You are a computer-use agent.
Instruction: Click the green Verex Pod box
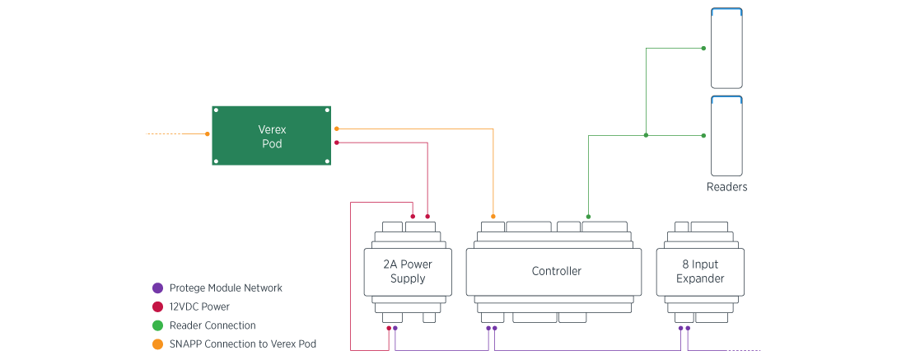tap(271, 136)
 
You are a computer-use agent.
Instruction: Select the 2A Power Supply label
tap(408, 272)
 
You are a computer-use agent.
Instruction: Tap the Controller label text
tap(556, 271)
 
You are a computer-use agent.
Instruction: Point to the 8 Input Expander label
tap(700, 272)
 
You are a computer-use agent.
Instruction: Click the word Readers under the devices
tap(727, 187)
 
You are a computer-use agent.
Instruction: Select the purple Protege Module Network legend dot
tap(157, 288)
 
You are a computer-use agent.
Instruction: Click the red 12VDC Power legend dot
tap(157, 306)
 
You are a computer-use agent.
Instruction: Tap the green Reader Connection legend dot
tap(157, 325)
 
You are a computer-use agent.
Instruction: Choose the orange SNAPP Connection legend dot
tap(157, 344)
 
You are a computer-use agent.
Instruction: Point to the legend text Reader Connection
tap(212, 325)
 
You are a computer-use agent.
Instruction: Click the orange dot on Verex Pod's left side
tap(207, 133)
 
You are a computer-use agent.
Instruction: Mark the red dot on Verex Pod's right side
tap(337, 142)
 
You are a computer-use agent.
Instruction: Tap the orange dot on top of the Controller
tap(493, 217)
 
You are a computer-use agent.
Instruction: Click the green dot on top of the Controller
tap(587, 217)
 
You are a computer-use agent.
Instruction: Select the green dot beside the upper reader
tap(703, 49)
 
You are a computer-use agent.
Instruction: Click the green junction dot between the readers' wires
tap(646, 135)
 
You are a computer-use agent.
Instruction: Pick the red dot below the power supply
tap(389, 328)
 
